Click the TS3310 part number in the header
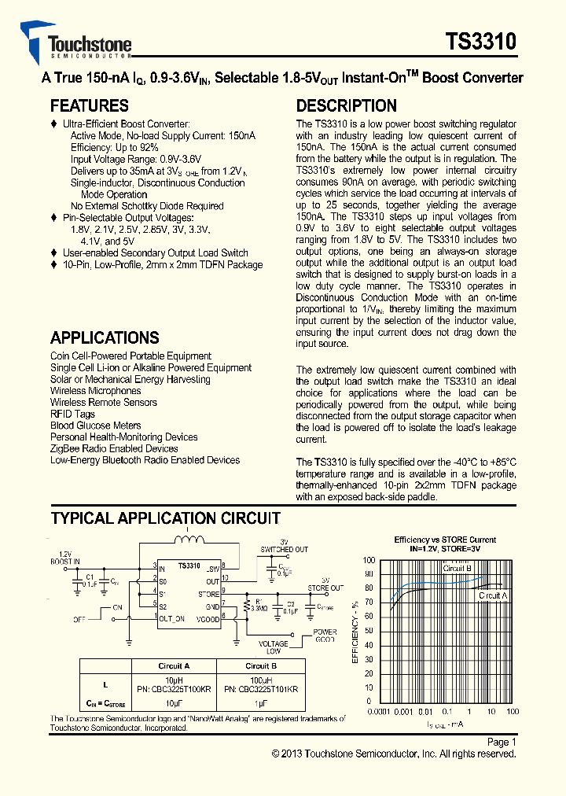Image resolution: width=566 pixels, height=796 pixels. [481, 42]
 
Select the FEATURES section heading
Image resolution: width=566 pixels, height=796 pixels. [89, 106]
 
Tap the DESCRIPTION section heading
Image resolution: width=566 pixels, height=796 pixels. [346, 106]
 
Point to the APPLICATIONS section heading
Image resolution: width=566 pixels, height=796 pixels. [105, 338]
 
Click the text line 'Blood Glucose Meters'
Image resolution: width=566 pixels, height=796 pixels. [95, 426]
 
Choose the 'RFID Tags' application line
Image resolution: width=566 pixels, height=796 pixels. [72, 414]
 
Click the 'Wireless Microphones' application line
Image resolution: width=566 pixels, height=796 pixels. [95, 391]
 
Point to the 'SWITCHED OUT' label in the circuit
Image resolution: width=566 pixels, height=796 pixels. [284, 549]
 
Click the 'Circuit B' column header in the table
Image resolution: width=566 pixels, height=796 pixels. [261, 665]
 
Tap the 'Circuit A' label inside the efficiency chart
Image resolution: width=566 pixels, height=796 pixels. [493, 595]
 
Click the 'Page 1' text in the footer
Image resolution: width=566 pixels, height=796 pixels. [502, 742]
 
